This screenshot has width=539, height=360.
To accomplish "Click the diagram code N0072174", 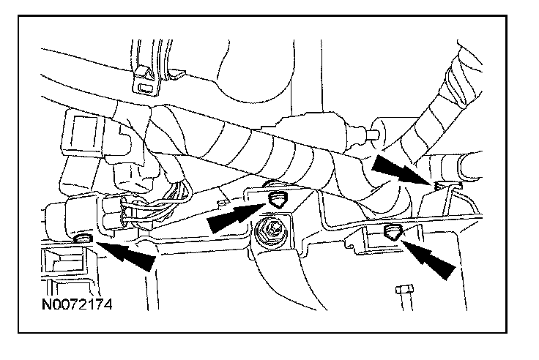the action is click(x=77, y=304).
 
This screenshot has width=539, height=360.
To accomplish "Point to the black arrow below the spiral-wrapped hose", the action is click(x=401, y=170).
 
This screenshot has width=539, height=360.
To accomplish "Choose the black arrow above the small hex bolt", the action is click(x=428, y=259).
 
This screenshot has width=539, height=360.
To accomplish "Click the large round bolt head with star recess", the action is click(x=272, y=233).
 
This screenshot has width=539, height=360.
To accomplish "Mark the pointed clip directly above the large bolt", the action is click(x=277, y=200).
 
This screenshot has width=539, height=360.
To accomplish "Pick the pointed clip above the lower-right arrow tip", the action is click(x=393, y=232).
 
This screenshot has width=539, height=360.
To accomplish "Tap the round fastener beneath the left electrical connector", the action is click(x=83, y=237).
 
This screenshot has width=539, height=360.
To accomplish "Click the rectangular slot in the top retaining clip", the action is click(x=146, y=87).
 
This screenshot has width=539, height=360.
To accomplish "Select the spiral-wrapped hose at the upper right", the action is click(x=447, y=103).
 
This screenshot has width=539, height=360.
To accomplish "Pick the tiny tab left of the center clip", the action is click(x=223, y=203).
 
